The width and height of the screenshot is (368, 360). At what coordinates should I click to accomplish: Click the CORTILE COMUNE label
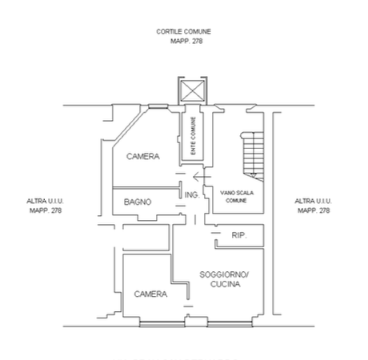tap(183, 32)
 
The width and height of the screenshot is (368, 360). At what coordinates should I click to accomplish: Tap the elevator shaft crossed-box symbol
tap(193, 91)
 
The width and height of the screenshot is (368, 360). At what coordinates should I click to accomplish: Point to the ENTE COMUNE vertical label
tap(194, 136)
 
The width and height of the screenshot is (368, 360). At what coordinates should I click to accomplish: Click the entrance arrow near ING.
tap(202, 177)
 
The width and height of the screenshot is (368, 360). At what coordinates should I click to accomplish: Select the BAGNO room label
tap(138, 202)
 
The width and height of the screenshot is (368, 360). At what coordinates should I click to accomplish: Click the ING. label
tap(192, 195)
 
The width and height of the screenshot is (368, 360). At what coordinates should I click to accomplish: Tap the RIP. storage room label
tap(239, 235)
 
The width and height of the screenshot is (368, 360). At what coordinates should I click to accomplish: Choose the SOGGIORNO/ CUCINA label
tap(224, 279)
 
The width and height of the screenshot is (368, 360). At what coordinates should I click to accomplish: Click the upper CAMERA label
tap(143, 156)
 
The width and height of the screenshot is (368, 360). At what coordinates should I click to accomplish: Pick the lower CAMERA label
tap(150, 294)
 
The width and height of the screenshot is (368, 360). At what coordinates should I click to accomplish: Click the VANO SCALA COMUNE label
tap(237, 197)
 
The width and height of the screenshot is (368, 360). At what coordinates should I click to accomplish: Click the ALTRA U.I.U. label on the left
tap(45, 201)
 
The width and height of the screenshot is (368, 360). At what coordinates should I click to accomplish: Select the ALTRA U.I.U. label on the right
tap(313, 201)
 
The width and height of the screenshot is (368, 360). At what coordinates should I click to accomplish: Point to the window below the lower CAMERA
tap(162, 324)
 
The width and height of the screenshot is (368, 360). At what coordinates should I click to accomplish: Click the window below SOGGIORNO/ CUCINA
tap(230, 324)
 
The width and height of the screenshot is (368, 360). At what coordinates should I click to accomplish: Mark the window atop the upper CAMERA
tap(158, 106)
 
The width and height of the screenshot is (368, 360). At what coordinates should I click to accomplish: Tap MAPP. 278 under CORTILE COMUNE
tap(186, 41)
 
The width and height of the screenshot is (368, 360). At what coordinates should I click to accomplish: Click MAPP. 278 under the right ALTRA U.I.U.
tap(314, 210)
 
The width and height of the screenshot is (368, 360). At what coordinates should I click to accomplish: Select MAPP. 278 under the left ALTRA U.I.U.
tap(46, 210)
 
